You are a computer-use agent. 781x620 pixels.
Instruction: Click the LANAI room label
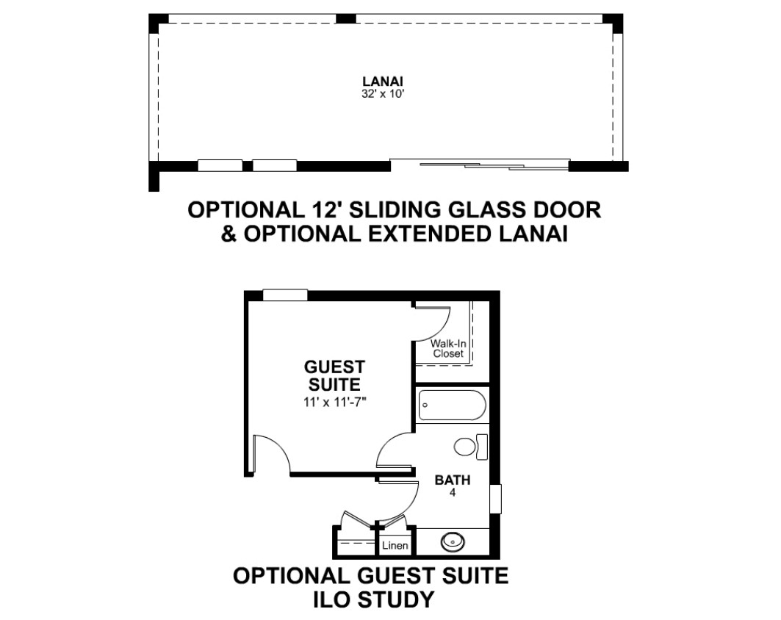click(x=382, y=81)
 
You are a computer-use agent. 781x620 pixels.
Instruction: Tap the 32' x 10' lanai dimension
click(x=382, y=93)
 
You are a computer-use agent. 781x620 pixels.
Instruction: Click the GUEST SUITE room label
click(x=334, y=376)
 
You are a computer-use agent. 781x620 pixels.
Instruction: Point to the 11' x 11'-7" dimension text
click(x=335, y=402)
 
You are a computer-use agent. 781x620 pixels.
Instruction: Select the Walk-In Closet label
click(x=448, y=349)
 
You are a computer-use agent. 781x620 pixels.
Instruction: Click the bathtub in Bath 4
click(x=453, y=405)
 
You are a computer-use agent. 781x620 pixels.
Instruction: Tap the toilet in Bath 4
click(x=471, y=447)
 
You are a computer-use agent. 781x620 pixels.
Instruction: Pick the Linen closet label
click(x=395, y=545)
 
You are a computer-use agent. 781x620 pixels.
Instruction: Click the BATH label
click(x=453, y=480)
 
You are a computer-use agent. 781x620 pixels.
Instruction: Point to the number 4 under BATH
click(x=453, y=492)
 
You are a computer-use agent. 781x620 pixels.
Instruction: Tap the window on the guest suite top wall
click(x=285, y=295)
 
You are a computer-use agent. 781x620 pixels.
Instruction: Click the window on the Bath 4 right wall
click(x=495, y=499)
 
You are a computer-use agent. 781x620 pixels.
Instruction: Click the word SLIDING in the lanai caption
click(x=395, y=209)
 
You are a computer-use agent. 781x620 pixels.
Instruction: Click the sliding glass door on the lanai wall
click(x=480, y=165)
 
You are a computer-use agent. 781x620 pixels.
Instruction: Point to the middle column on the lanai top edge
click(x=345, y=18)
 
